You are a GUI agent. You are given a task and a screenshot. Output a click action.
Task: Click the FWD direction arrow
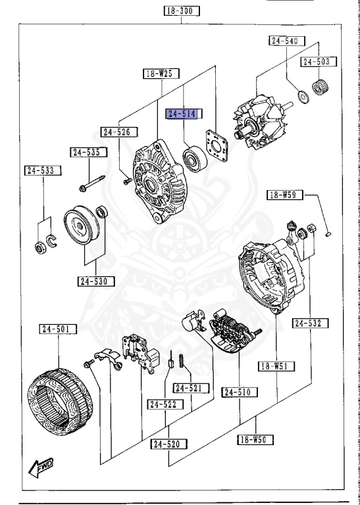[x=43, y=468]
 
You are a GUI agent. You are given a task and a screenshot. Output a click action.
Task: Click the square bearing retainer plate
[x=215, y=147]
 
